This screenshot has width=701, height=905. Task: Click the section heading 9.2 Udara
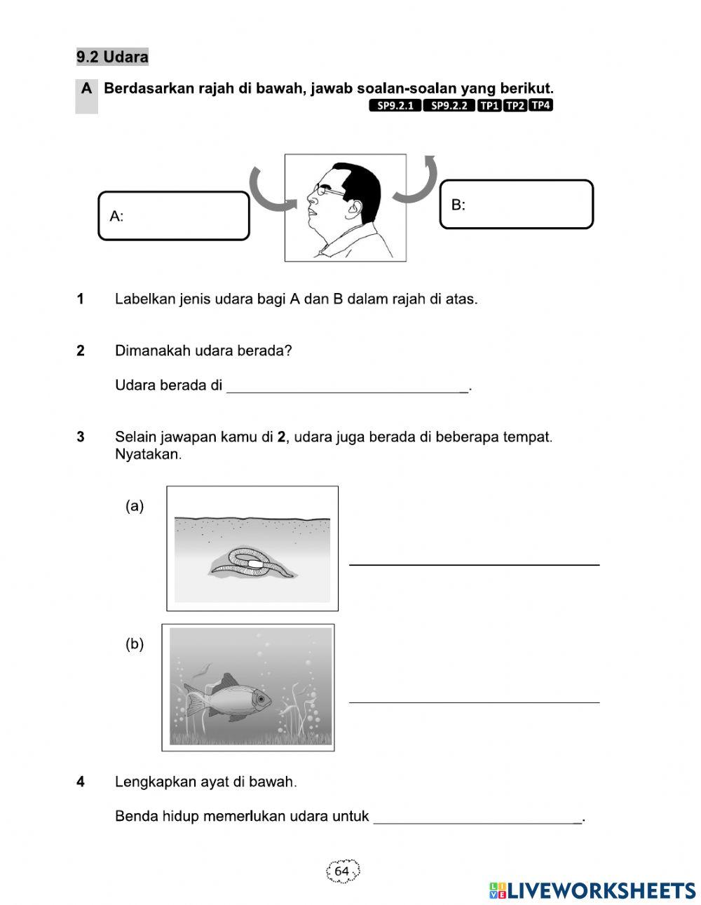[x=112, y=57]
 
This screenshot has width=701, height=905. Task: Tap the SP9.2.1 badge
[x=395, y=106]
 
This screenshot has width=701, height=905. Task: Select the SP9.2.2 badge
[x=449, y=106]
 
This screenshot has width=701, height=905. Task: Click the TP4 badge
[x=541, y=106]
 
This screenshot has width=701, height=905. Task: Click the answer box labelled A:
[x=173, y=216]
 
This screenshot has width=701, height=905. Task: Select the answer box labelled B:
[x=516, y=205]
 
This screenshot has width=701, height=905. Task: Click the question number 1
[x=81, y=299]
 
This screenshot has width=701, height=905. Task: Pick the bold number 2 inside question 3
[x=281, y=437]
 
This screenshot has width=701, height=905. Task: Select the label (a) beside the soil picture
[x=135, y=506]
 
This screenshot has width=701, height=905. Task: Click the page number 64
[x=342, y=871]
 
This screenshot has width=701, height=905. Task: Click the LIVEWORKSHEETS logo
[x=592, y=890]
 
